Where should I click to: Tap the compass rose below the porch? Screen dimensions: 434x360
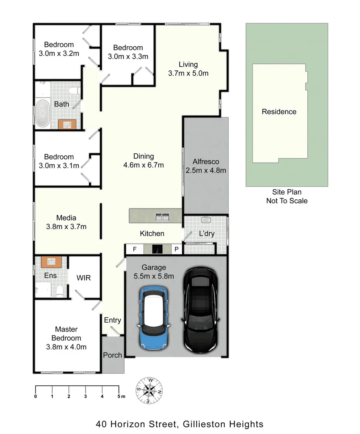[x=149, y=390]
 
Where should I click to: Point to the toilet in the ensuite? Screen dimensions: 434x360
[x=59, y=290]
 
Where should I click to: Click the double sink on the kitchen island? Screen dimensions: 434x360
[x=162, y=217]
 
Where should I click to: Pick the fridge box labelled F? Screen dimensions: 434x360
[x=135, y=250]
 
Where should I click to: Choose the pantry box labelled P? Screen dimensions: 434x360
[x=176, y=250]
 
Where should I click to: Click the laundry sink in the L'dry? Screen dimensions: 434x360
[x=206, y=220]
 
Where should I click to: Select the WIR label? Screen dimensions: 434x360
[x=84, y=278]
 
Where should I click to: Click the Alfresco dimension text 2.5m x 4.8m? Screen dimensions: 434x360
[x=206, y=170]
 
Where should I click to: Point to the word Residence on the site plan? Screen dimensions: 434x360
[x=279, y=112]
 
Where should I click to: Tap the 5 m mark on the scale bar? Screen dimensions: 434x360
[x=119, y=397]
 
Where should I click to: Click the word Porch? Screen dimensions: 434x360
[x=112, y=355]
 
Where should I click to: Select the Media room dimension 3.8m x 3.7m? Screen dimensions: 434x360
[x=66, y=227]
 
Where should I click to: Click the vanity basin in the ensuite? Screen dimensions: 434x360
[x=51, y=262]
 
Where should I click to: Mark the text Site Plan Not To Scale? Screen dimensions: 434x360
[x=286, y=197]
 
